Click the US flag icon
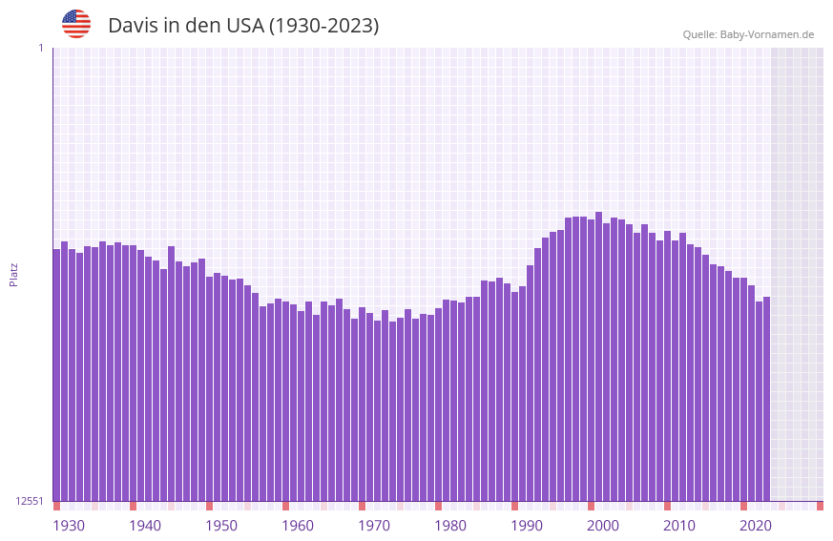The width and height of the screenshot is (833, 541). coord(76,24)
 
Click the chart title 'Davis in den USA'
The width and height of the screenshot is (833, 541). coord(243,26)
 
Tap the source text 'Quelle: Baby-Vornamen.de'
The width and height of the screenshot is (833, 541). coord(748,34)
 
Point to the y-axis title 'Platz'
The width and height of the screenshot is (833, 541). coord(13,274)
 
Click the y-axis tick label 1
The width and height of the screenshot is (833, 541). coord(40,48)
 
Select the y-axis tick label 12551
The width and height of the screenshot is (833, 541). coord(31,501)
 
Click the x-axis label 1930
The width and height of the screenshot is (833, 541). coord(69,526)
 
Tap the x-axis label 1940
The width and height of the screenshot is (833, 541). coord(145,526)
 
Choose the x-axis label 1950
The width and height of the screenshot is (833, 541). coord(221,526)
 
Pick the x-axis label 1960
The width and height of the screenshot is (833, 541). coord(298,526)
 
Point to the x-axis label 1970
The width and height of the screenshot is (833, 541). coord(374,526)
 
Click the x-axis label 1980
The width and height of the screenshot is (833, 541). coord(450,526)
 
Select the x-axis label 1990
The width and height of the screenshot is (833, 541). coord(527,526)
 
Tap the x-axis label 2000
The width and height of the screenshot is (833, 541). coord(603,526)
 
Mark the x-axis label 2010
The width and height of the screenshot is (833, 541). coord(679,526)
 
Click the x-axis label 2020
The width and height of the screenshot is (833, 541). coord(756,526)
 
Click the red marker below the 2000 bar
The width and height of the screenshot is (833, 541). coord(591,506)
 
